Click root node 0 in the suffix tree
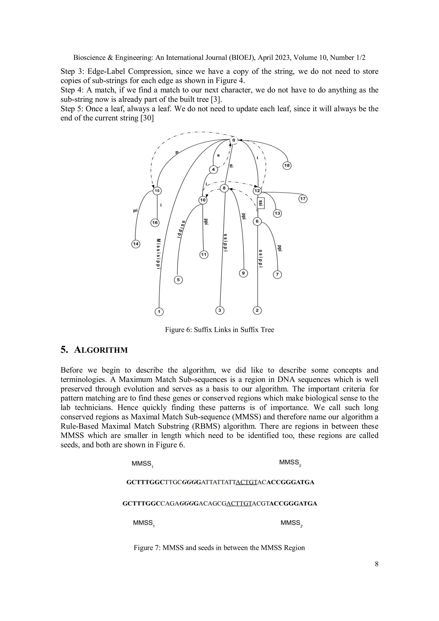[234, 140]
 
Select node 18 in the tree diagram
[287, 165]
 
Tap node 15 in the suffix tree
[157, 191]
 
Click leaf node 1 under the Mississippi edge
[159, 312]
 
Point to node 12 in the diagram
[257, 191]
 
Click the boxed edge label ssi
[260, 203]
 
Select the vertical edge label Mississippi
[159, 253]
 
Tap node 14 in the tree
[135, 244]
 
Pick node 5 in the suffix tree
[178, 280]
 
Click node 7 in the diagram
[277, 275]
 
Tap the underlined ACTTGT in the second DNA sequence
[239, 504]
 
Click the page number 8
[377, 564]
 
